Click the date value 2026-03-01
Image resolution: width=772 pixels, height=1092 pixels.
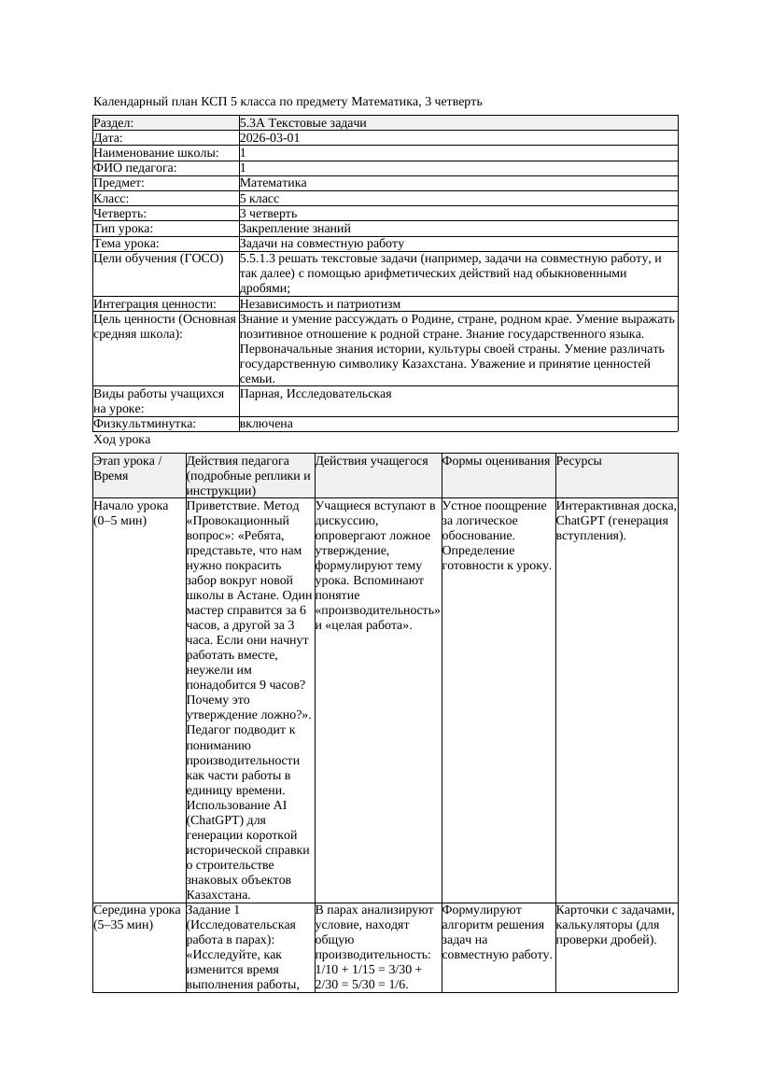click(x=270, y=138)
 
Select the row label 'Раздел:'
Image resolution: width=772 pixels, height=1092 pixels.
click(x=114, y=123)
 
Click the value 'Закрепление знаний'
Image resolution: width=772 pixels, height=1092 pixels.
click(x=295, y=229)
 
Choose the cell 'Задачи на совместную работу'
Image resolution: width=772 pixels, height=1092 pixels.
click(x=321, y=244)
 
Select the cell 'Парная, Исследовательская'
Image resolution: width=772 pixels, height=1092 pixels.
click(x=316, y=394)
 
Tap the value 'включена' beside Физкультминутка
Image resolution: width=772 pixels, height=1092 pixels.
click(x=266, y=424)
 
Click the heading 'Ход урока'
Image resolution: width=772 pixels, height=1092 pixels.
click(x=122, y=440)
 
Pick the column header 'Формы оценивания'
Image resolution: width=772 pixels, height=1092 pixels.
click(x=496, y=461)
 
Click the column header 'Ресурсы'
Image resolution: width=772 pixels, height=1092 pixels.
click(x=579, y=461)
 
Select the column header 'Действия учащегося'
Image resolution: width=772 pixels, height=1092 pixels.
click(x=372, y=461)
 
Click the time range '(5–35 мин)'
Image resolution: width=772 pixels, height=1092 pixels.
click(x=124, y=924)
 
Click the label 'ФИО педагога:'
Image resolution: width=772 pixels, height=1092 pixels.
click(x=135, y=168)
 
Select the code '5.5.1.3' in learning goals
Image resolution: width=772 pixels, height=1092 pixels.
click(x=260, y=259)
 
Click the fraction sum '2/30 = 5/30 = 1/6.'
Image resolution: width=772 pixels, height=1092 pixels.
click(x=362, y=984)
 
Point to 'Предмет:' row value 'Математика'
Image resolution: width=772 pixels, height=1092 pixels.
click(x=273, y=183)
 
